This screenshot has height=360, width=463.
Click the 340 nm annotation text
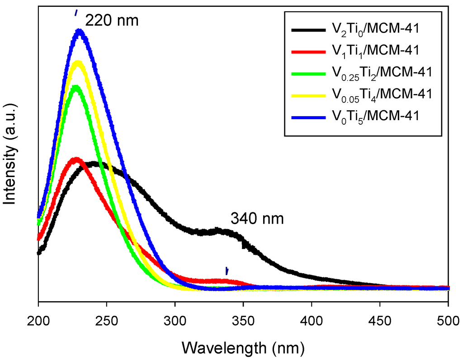[257, 219]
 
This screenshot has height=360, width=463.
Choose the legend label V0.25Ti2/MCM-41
[380, 72]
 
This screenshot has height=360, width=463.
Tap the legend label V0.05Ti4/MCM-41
[380, 94]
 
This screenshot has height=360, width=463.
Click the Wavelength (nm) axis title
[243, 347]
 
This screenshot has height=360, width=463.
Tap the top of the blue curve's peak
[80, 31]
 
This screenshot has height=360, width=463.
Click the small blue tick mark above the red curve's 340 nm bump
[227, 271]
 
